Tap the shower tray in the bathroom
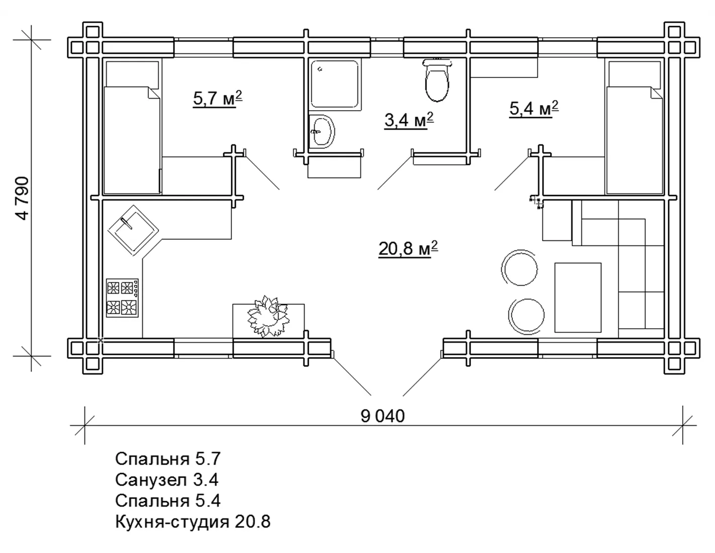coord(335,84)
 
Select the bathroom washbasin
coord(322,131)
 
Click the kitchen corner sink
coord(133,230)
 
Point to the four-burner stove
coord(122,298)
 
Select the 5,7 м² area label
coord(218,99)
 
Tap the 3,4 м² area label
coord(409,120)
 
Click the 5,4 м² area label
coord(533,109)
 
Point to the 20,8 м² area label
coord(408,249)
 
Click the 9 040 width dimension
coord(382,416)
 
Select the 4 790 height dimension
coord(22,199)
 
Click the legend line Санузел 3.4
coord(166,480)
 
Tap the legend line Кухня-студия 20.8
coord(193,522)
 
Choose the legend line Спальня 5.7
coord(167,459)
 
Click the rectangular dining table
coord(578,298)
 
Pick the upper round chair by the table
coord(519,268)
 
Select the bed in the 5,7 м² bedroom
coord(132,140)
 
